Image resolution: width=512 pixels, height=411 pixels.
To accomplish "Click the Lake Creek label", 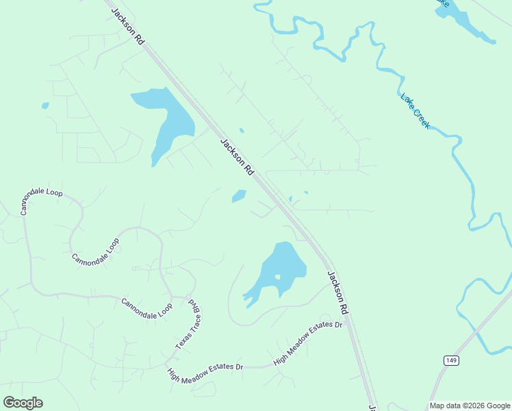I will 415,111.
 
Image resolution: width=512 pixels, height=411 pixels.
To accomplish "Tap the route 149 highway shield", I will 450,360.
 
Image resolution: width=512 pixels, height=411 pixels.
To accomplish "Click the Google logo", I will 23,402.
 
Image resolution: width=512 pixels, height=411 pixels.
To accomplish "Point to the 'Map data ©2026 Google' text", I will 470,406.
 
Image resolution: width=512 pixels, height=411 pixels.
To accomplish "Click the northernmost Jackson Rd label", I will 128,27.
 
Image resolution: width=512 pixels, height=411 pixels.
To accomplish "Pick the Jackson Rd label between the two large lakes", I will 237,157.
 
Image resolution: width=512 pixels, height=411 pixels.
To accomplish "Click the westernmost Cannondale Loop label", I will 41,201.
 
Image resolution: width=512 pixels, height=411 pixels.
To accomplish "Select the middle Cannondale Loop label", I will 95,251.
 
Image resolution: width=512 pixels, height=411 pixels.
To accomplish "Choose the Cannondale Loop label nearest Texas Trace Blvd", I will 146,309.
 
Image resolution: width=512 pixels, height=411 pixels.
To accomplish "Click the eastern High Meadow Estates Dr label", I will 307,342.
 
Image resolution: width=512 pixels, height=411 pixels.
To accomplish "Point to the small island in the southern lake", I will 277,277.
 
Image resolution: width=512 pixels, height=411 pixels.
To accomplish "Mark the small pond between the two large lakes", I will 239,196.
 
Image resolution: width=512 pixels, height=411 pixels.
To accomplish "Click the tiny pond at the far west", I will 45,105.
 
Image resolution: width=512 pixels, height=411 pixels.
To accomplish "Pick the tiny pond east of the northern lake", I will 241,129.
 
